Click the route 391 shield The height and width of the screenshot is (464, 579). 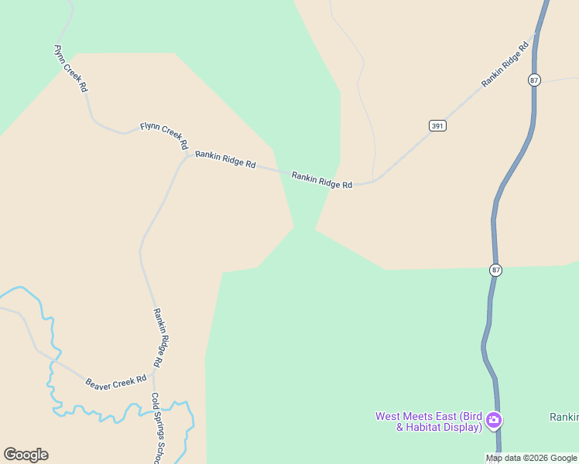[438, 125]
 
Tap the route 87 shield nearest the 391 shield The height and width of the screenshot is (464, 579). [535, 80]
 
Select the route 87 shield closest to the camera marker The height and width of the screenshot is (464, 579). [495, 270]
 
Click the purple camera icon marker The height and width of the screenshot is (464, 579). [494, 421]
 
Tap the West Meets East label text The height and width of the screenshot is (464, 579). [427, 416]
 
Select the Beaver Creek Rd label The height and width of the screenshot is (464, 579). [116, 381]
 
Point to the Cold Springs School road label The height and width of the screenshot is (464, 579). [157, 429]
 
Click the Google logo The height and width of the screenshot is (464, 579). [26, 455]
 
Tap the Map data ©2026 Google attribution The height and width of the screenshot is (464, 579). [531, 458]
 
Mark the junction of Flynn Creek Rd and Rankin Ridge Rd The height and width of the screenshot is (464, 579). [188, 155]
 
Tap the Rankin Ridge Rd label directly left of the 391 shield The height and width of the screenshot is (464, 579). [322, 180]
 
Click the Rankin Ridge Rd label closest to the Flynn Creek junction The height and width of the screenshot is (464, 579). [225, 159]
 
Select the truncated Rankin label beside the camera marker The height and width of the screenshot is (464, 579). [564, 417]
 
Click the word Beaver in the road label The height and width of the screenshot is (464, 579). [99, 384]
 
